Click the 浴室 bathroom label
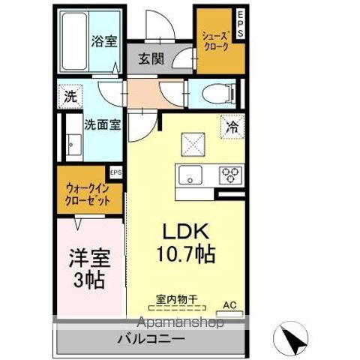click(103, 41)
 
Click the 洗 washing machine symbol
click(70, 97)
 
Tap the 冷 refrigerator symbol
click(232, 126)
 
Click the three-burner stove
click(229, 175)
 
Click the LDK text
click(185, 231)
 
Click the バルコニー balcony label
click(150, 340)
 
